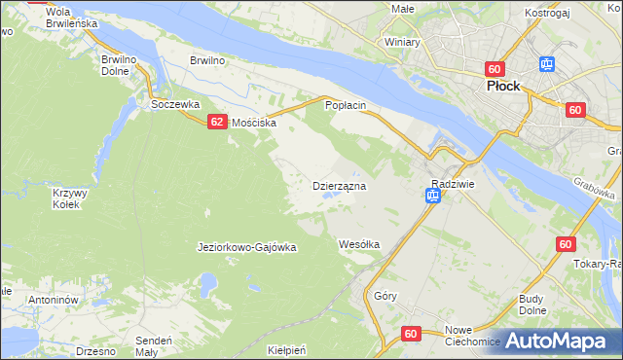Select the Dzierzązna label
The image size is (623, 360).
pos(338,185)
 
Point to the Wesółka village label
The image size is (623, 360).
pos(358,243)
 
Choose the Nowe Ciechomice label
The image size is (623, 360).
pos(472,335)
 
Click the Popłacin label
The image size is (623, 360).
pos(345,104)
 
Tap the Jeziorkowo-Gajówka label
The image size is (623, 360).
pos(246,247)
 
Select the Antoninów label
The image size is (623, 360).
pos(53,300)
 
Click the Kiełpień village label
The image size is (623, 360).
pos(287,348)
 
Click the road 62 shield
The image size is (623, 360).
pos(217,121)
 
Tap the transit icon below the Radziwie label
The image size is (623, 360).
pos(432,198)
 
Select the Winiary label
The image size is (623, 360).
pos(401,43)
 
